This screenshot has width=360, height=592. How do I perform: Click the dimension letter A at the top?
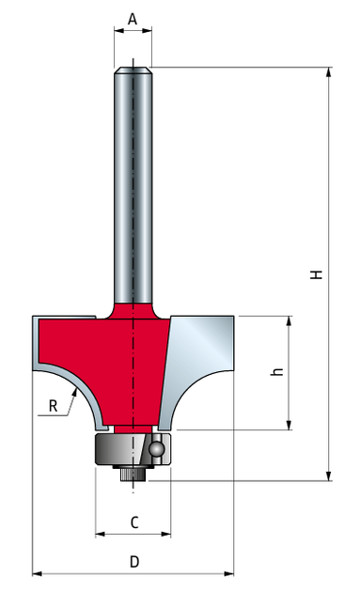[133, 19]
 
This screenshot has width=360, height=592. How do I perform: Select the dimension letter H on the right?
[316, 274]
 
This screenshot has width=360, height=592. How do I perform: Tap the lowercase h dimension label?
[277, 371]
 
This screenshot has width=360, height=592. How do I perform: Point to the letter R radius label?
[53, 406]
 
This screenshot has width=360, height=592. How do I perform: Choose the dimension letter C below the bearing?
[134, 522]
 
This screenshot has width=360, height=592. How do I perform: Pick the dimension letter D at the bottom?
[134, 561]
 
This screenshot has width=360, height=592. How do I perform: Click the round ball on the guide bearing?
[156, 448]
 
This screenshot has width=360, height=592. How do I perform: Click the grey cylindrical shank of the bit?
[133, 185]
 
